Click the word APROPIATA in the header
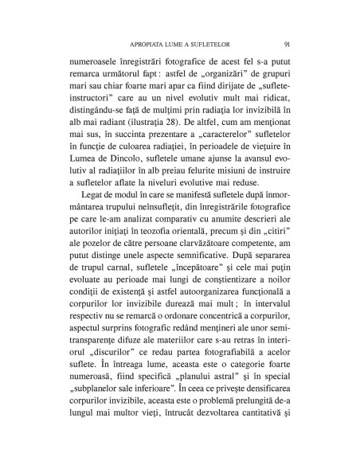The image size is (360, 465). click(141, 44)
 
